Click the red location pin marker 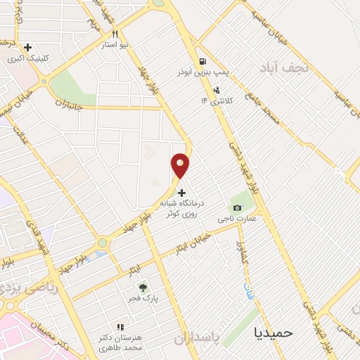[x=181, y=166]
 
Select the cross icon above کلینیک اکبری [x=27, y=47]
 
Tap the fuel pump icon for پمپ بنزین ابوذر [x=203, y=61]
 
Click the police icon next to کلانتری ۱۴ [x=217, y=90]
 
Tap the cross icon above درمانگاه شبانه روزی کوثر [x=182, y=193]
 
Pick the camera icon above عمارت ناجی [x=238, y=208]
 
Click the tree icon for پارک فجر [x=143, y=288]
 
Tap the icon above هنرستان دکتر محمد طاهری [x=120, y=327]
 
